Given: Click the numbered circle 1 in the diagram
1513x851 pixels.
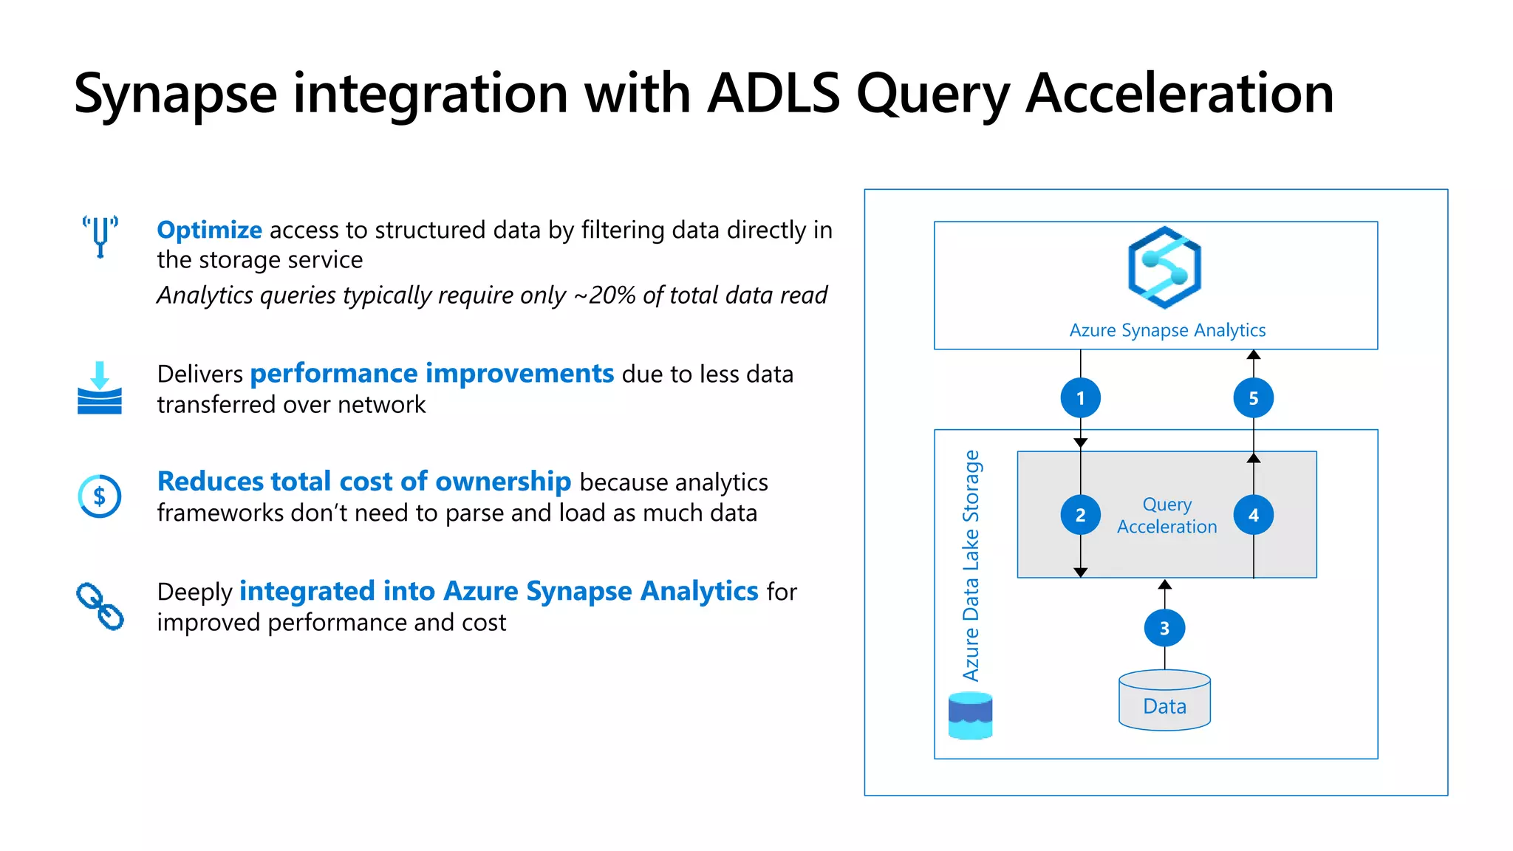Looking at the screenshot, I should [x=1080, y=398].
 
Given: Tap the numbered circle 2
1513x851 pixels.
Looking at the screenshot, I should [x=1080, y=515].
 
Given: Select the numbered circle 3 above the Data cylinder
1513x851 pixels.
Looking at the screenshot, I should [x=1164, y=628].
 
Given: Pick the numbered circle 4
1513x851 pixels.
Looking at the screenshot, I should [x=1253, y=515].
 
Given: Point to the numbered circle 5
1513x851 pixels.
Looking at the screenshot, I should [x=1253, y=398].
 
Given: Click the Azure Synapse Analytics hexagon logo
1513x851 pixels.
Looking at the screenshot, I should [x=1164, y=267].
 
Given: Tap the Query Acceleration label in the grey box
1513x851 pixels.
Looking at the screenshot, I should [x=1167, y=516].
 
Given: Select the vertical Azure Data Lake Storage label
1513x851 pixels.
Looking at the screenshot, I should [x=971, y=565].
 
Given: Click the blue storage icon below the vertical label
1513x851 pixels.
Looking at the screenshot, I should [x=970, y=715].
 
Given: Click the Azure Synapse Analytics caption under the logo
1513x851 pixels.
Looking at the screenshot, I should [x=1167, y=330].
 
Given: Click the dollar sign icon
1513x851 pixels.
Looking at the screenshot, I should [x=100, y=496].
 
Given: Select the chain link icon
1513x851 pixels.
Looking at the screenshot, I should [x=100, y=606].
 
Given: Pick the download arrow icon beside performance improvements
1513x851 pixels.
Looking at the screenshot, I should [x=100, y=388].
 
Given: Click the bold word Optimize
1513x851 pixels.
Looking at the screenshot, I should [x=209, y=230].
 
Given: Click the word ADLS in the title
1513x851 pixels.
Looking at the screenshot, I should [x=773, y=94].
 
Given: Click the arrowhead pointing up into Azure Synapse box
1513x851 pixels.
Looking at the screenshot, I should [x=1253, y=355].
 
